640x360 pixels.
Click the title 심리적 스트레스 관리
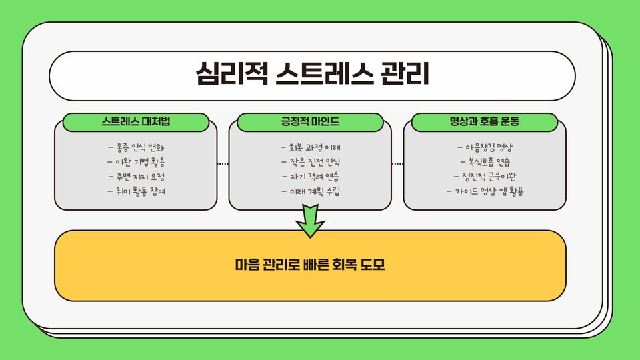coord(312,75)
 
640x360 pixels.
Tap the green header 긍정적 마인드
coord(311,122)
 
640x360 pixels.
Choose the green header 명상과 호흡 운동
coord(485,122)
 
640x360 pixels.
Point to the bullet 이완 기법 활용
coord(136,162)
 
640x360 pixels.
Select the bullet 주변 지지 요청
coord(136,177)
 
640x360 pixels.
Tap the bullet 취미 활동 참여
coord(136,191)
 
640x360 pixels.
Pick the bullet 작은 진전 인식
coord(311,162)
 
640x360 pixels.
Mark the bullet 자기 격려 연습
coord(311,177)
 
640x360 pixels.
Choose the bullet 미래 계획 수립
coord(311,191)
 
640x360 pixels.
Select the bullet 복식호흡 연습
coord(485,162)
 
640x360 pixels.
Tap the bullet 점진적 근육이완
coord(485,177)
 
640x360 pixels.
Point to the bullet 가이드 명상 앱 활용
coord(485,191)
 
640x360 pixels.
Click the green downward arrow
coord(310,221)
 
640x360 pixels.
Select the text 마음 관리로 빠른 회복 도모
coord(311,265)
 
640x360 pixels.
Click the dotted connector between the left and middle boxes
coord(223,163)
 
